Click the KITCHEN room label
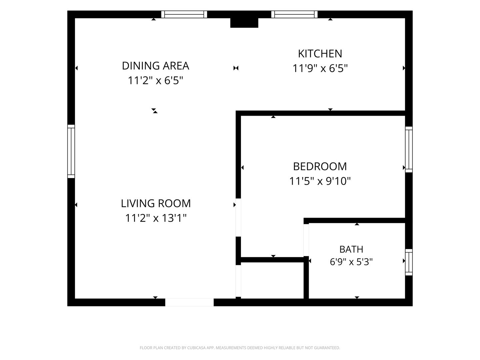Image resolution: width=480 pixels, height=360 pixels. click(320, 54)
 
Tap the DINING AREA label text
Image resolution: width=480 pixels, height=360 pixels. click(155, 66)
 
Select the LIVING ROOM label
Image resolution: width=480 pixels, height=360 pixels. click(156, 203)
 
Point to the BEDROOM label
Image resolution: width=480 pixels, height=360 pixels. click(320, 167)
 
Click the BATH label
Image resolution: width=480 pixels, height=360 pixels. click(351, 249)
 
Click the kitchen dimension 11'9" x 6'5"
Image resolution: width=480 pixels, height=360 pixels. click(320, 68)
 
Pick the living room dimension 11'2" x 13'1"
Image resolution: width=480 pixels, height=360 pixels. click(156, 218)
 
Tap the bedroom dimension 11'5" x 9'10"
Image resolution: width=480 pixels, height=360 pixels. click(320, 181)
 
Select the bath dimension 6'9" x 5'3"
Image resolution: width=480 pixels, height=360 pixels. click(351, 262)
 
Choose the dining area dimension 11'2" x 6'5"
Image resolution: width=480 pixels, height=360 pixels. click(155, 80)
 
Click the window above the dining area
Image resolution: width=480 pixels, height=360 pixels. click(184, 14)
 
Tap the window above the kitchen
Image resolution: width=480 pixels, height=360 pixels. click(294, 14)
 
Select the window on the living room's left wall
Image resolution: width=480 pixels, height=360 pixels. click(71, 151)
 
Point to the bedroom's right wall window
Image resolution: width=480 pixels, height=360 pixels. click(409, 150)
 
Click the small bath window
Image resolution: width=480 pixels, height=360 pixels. click(409, 262)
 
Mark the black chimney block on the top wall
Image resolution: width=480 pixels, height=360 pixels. click(244, 23)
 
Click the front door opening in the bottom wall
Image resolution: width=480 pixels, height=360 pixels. click(189, 302)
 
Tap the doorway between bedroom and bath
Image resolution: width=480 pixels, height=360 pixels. click(306, 240)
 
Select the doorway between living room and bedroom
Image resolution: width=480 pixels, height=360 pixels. click(238, 217)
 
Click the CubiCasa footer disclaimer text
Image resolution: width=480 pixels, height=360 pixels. click(240, 348)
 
